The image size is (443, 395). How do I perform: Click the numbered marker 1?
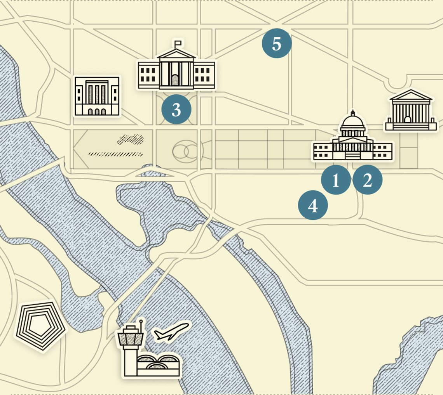pyautogui.click(x=336, y=180)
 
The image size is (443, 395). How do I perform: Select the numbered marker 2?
pyautogui.click(x=367, y=180)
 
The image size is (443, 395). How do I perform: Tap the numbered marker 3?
pyautogui.click(x=176, y=110)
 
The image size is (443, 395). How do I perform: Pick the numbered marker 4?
pyautogui.click(x=313, y=206)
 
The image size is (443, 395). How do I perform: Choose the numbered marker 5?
pyautogui.click(x=277, y=43)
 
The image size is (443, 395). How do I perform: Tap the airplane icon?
pyautogui.click(x=172, y=332)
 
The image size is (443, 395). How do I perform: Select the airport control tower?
pyautogui.click(x=131, y=345)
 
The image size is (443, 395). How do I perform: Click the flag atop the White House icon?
pyautogui.click(x=178, y=42)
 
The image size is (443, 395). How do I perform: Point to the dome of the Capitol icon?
pyautogui.click(x=353, y=123)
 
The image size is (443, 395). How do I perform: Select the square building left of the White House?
pyautogui.click(x=97, y=96)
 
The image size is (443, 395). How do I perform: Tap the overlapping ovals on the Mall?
pyautogui.click(x=185, y=152)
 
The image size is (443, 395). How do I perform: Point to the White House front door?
pyautogui.click(x=175, y=80)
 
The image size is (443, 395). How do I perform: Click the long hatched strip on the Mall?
pyautogui.click(x=115, y=154)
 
